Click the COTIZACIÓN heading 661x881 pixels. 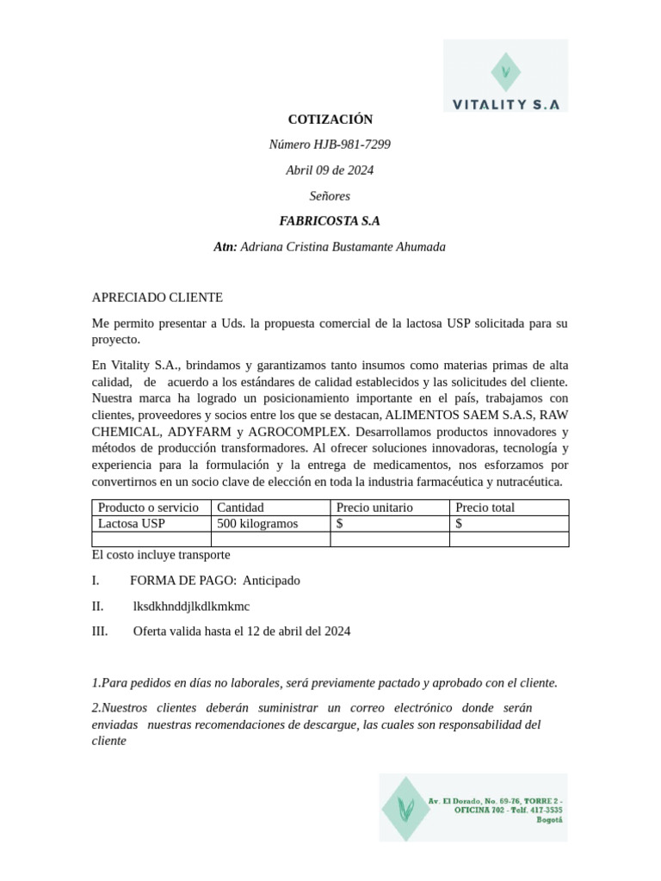[x=330, y=120]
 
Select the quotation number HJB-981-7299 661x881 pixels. [x=352, y=145]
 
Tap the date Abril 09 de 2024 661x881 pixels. [x=330, y=170]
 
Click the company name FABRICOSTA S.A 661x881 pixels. [x=330, y=221]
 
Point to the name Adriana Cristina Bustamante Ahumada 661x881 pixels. [x=343, y=247]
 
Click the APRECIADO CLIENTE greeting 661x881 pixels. [x=157, y=298]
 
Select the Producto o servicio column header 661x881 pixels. [x=148, y=508]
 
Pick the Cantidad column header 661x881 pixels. [x=240, y=508]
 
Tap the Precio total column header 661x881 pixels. [x=485, y=508]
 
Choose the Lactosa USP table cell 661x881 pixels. [x=131, y=524]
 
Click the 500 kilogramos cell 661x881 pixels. [x=257, y=524]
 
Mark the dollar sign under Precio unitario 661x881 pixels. [x=340, y=524]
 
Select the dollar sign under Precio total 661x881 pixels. [x=459, y=524]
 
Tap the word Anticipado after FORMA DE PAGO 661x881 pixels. [x=271, y=581]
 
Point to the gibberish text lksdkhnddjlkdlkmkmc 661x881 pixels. [x=191, y=606]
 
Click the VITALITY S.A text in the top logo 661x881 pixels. [x=506, y=104]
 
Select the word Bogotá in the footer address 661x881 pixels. [x=549, y=820]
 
